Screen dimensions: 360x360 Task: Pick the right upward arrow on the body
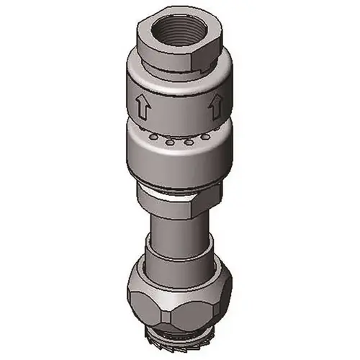(x=214, y=109)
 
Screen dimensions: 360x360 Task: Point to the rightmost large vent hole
(x=206, y=137)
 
